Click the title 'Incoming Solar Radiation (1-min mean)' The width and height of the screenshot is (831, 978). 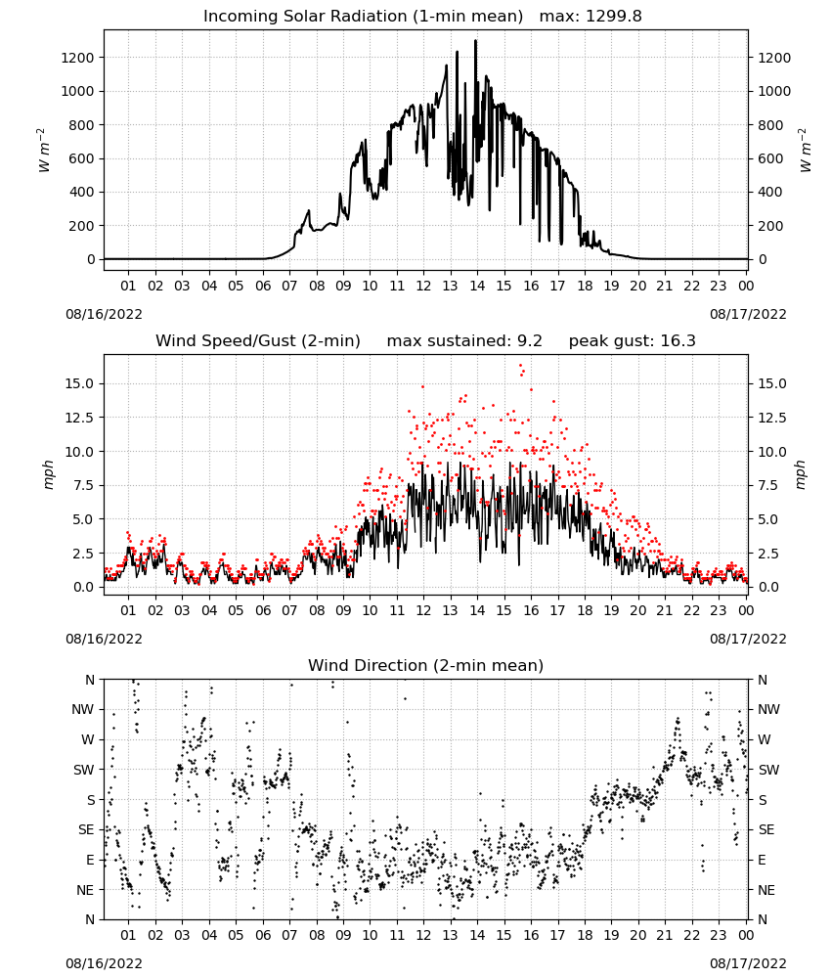(363, 17)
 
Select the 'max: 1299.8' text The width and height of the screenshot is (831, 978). (590, 17)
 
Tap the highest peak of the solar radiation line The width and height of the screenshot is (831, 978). (476, 41)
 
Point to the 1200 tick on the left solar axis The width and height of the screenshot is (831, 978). (78, 58)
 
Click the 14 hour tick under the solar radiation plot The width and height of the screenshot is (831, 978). (477, 286)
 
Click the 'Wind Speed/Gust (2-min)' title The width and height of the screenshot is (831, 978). (257, 341)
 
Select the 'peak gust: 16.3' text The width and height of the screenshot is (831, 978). (633, 341)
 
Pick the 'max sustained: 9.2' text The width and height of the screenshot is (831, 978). (464, 341)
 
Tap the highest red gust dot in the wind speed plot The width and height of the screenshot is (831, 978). (520, 366)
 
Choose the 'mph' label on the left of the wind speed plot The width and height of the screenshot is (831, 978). (48, 474)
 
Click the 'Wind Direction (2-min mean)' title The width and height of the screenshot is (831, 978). (426, 665)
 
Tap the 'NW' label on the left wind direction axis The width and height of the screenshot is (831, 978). (83, 710)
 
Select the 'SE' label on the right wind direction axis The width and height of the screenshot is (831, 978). (766, 829)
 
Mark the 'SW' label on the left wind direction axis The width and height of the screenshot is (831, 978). (83, 770)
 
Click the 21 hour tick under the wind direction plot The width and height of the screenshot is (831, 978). (665, 935)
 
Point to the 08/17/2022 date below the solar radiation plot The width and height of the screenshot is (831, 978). (748, 314)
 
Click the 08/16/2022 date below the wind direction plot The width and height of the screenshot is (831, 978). (104, 963)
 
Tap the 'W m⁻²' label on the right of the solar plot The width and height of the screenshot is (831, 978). (805, 151)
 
